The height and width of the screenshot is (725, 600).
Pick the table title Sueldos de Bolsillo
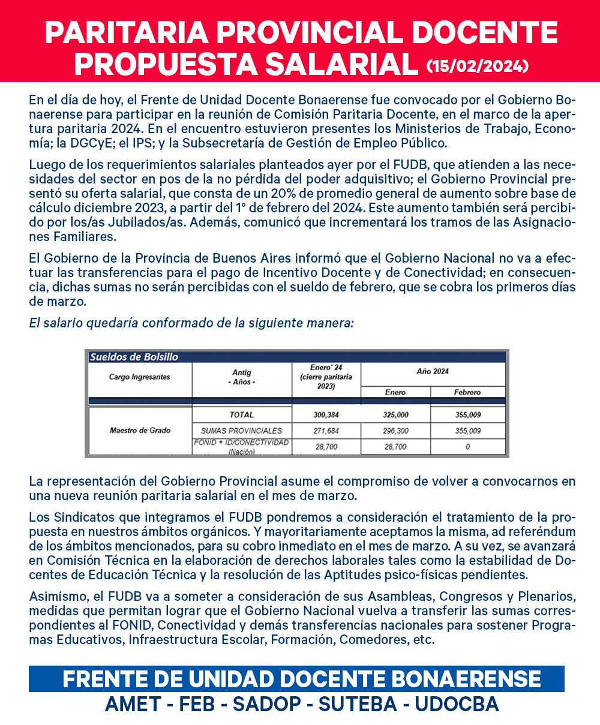click(134, 357)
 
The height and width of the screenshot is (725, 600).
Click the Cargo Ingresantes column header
click(139, 377)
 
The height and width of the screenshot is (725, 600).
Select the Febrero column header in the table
click(467, 392)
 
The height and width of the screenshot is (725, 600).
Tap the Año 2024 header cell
click(433, 372)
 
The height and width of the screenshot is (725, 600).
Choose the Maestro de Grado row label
click(140, 430)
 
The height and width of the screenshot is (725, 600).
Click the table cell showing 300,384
click(326, 414)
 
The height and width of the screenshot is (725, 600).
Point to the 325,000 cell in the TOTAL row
click(395, 414)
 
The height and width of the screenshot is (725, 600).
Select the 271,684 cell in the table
click(326, 431)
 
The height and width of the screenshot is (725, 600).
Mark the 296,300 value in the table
click(395, 431)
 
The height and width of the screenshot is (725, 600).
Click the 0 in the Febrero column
click(467, 447)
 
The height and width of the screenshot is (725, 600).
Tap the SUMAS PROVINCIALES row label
click(242, 431)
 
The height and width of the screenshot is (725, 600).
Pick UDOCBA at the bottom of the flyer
click(456, 704)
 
